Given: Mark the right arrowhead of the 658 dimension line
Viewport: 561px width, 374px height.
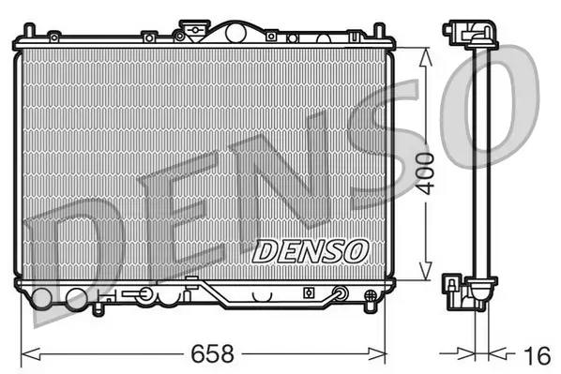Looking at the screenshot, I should pyautogui.click(x=385, y=354).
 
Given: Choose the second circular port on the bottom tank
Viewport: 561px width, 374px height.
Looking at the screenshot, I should pyautogui.click(x=75, y=299).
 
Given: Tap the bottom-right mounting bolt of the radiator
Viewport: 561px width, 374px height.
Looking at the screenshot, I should pyautogui.click(x=366, y=297).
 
